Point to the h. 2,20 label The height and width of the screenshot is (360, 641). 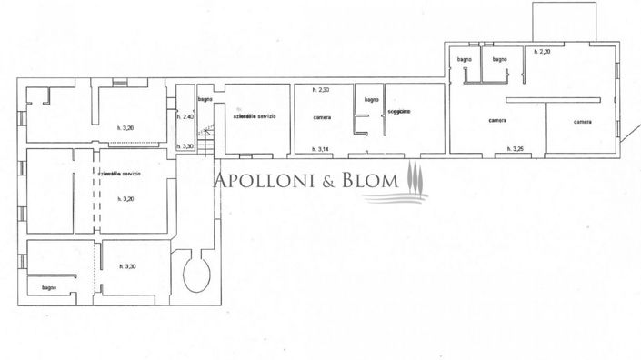pos(543,52)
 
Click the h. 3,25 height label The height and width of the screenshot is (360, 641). pos(516,149)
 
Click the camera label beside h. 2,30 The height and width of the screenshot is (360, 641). pos(322,118)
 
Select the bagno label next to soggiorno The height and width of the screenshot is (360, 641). pos(371,99)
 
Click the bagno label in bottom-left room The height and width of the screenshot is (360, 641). pos(48,288)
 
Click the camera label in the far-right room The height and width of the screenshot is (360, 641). pos(582,122)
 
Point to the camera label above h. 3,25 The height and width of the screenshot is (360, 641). pos(496,120)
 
